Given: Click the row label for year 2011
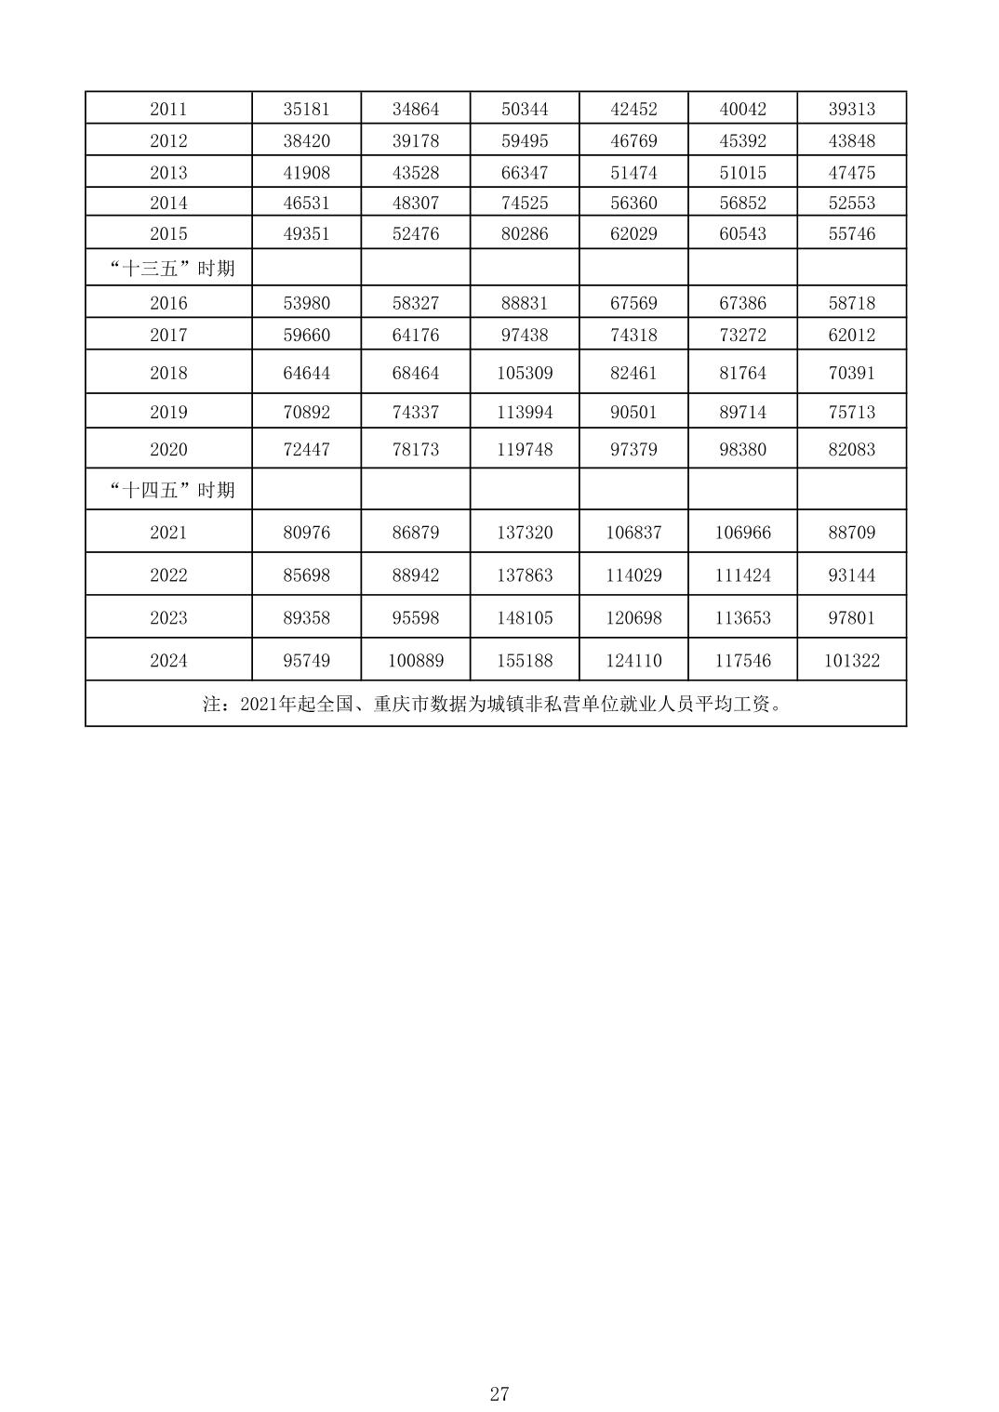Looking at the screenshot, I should click(x=168, y=109).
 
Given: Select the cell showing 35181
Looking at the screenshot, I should click(x=306, y=109).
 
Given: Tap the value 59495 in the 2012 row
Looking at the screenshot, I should click(x=525, y=140).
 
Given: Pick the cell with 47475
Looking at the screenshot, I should click(x=851, y=172).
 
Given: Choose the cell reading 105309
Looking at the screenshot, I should click(x=525, y=373).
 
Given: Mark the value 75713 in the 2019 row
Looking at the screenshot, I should click(x=851, y=412).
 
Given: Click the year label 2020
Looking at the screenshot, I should click(x=168, y=449).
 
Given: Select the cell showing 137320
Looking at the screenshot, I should click(x=525, y=532).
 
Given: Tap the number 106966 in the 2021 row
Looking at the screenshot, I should click(x=742, y=532).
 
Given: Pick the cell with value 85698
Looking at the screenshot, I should click(x=306, y=574).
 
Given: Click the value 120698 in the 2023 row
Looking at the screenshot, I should click(x=633, y=617).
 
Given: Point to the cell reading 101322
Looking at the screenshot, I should click(x=851, y=660).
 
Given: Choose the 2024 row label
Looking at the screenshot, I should click(x=168, y=660).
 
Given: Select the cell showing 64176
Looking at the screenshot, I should click(x=415, y=335).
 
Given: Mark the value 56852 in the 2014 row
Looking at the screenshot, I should click(x=742, y=203).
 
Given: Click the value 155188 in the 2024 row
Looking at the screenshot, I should click(x=525, y=660).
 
